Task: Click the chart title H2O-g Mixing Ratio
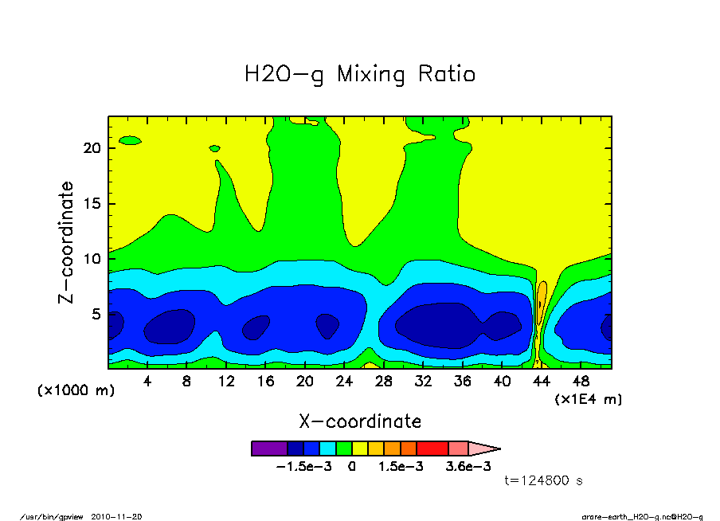[359, 75]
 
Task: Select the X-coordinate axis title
[359, 421]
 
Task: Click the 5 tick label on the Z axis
[97, 314]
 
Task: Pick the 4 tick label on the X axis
[147, 381]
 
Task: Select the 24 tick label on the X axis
[344, 381]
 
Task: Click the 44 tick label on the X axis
[541, 381]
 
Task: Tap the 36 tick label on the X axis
[462, 381]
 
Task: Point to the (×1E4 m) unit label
[588, 398]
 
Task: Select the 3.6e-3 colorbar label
[468, 466]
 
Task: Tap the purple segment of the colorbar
[268, 449]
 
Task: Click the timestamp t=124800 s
[545, 480]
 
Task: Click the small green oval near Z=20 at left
[129, 141]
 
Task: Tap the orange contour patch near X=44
[542, 296]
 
